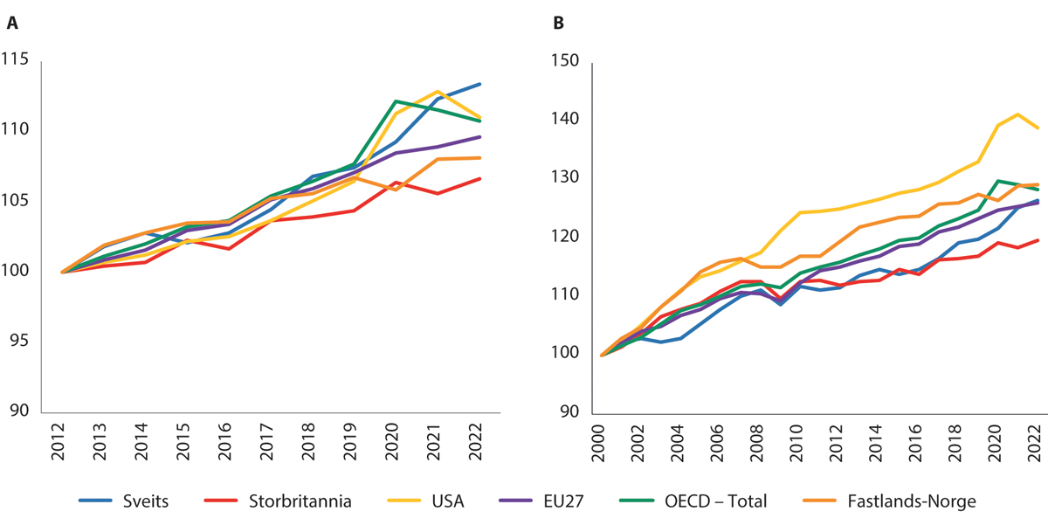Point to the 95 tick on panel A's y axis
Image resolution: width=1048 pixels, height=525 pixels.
pyautogui.click(x=19, y=341)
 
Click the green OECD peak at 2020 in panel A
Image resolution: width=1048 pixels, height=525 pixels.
pyautogui.click(x=396, y=101)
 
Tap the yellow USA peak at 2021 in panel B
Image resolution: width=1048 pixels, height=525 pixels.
pyautogui.click(x=1018, y=114)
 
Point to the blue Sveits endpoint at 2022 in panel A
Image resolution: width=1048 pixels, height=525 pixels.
pyautogui.click(x=480, y=84)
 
